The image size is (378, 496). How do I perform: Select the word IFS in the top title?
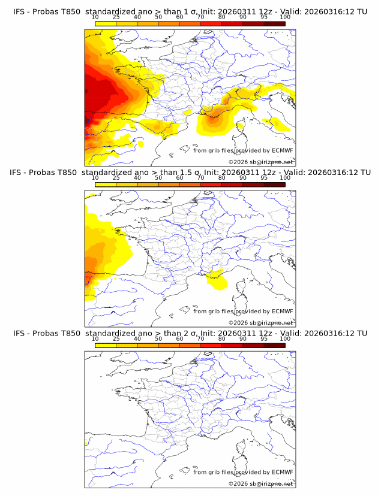point(21,12)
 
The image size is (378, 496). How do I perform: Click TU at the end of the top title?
point(361,12)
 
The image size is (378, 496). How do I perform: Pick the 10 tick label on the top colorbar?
point(95,17)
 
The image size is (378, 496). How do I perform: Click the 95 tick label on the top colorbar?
point(264,17)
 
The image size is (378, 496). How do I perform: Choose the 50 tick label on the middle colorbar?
point(158,178)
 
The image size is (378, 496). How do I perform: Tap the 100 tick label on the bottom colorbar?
point(285,338)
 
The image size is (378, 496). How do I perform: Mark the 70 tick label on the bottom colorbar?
point(200,338)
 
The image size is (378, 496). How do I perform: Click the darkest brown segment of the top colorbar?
point(274,23)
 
